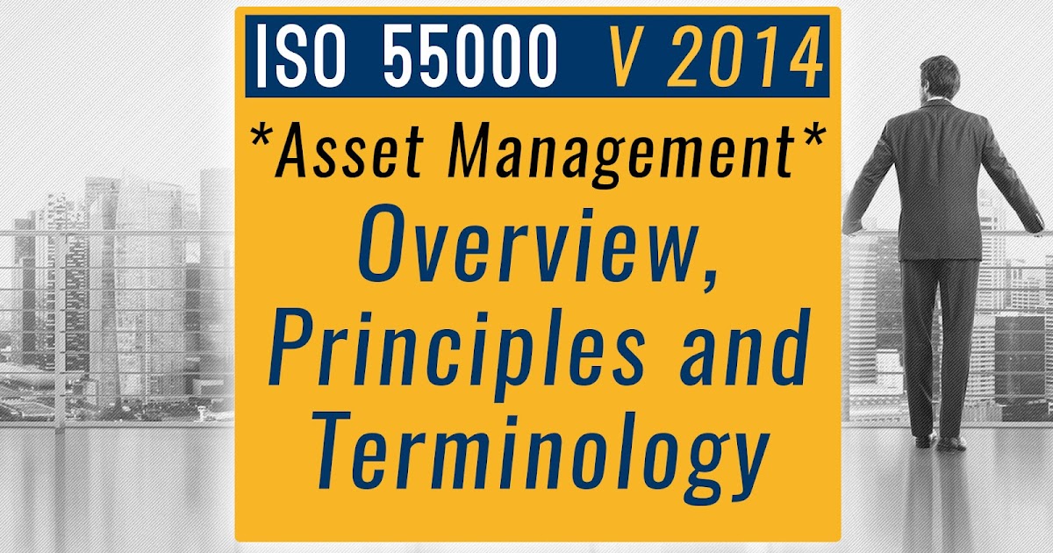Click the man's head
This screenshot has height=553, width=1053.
point(941,77)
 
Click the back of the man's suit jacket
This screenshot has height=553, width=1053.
point(939,176)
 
